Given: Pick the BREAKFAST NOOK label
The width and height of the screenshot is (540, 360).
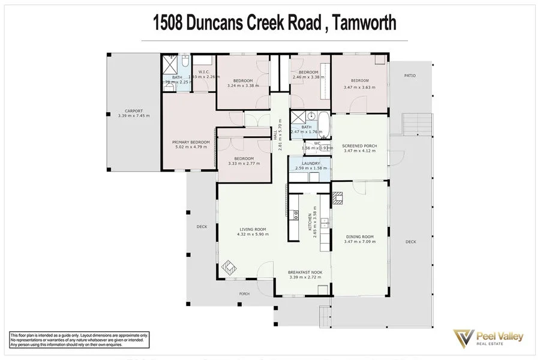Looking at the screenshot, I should click(x=305, y=272).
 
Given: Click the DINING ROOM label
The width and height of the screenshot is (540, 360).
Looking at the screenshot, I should click(x=359, y=237).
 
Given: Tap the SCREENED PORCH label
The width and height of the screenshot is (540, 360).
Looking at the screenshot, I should click(x=359, y=146).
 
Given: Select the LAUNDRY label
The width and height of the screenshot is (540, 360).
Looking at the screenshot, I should click(x=311, y=163).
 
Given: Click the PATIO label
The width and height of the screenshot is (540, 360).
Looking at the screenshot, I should click(x=410, y=76).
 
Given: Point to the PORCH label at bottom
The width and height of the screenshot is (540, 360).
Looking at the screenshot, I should click(x=244, y=294).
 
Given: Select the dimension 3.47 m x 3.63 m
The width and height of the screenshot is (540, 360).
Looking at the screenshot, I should click(x=359, y=88).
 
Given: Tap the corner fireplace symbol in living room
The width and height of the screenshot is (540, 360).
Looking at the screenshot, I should click(x=230, y=266).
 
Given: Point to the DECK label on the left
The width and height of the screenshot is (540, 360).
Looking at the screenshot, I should click(x=202, y=227).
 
